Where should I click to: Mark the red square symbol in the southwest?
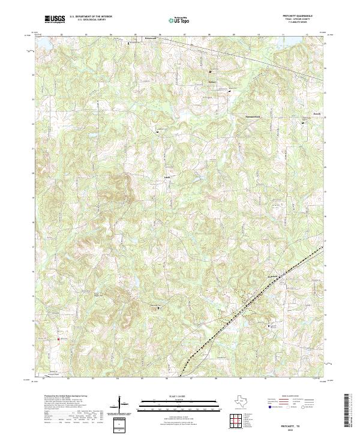(58, 339)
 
